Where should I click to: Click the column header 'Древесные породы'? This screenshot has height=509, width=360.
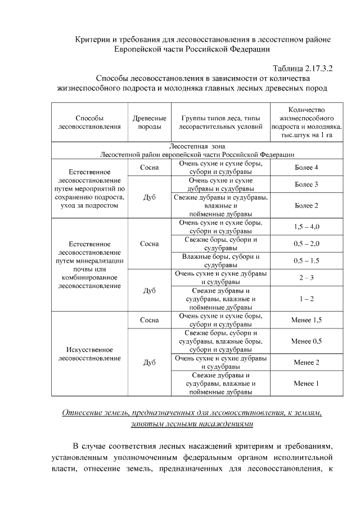pos(149,123)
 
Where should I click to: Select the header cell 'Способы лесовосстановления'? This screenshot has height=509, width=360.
pos(89,123)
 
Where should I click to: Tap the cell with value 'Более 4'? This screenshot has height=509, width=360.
pos(306,168)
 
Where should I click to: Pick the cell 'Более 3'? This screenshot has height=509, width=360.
pos(306,184)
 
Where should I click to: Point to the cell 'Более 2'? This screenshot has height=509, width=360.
pos(306,205)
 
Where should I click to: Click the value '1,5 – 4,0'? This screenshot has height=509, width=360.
pos(306,227)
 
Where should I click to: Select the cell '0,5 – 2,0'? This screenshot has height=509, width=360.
pos(306,244)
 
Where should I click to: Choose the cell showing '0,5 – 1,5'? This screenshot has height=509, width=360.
pos(306,261)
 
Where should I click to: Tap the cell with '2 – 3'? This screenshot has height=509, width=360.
pos(306,278)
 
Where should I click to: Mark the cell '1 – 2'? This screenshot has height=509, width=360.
pos(306,299)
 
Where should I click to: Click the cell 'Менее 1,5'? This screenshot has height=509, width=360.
pos(306,320)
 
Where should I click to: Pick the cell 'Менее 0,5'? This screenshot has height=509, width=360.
pos(306,341)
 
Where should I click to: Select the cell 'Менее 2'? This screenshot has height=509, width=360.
pos(306,362)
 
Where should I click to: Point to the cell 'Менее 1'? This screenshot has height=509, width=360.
pos(306,384)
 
